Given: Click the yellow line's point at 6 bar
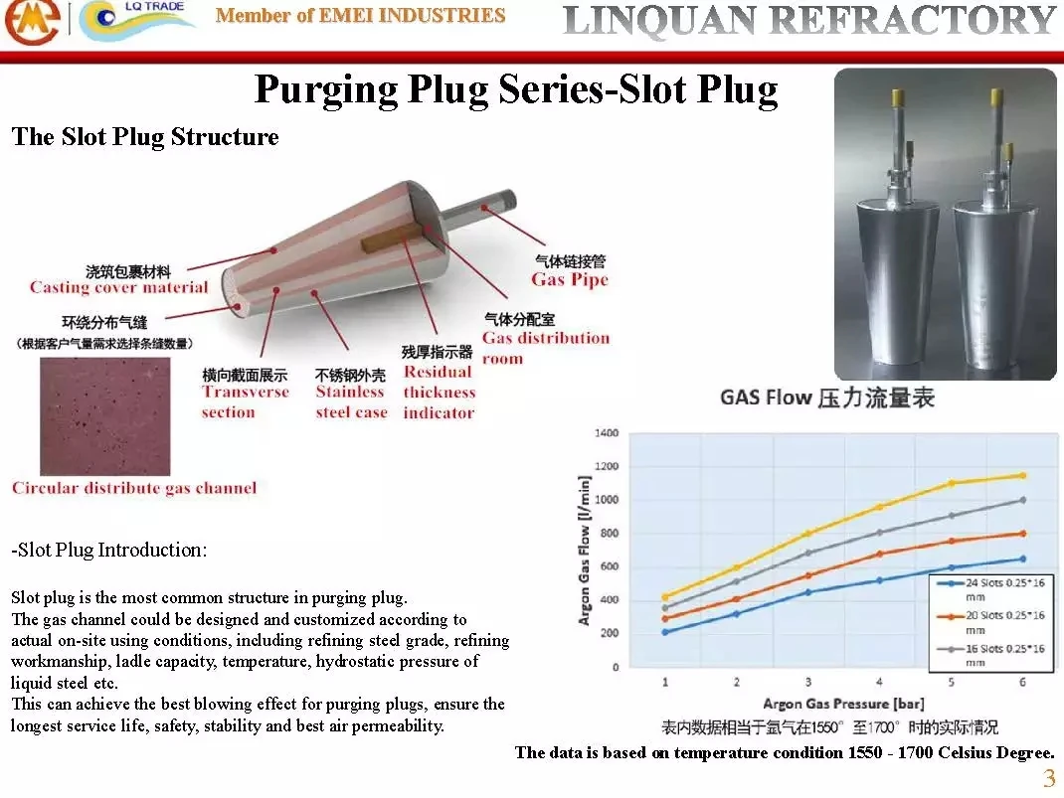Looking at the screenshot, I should (x=1021, y=475).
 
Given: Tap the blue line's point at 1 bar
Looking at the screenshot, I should (x=665, y=632).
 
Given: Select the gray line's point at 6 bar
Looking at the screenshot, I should (x=1021, y=500).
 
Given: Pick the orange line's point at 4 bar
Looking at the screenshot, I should (x=879, y=554).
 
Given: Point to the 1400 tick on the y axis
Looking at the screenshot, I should (x=607, y=433).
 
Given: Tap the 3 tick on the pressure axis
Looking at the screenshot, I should (x=807, y=683).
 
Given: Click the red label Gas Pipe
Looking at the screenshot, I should (x=569, y=280).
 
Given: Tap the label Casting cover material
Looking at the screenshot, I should (x=118, y=288).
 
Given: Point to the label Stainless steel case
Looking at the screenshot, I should (x=351, y=401).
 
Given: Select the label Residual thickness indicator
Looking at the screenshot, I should (x=439, y=392).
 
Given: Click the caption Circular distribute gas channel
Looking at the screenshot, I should (x=134, y=488).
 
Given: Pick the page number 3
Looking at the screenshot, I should (x=1048, y=778).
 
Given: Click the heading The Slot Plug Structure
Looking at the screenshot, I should (x=145, y=137).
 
